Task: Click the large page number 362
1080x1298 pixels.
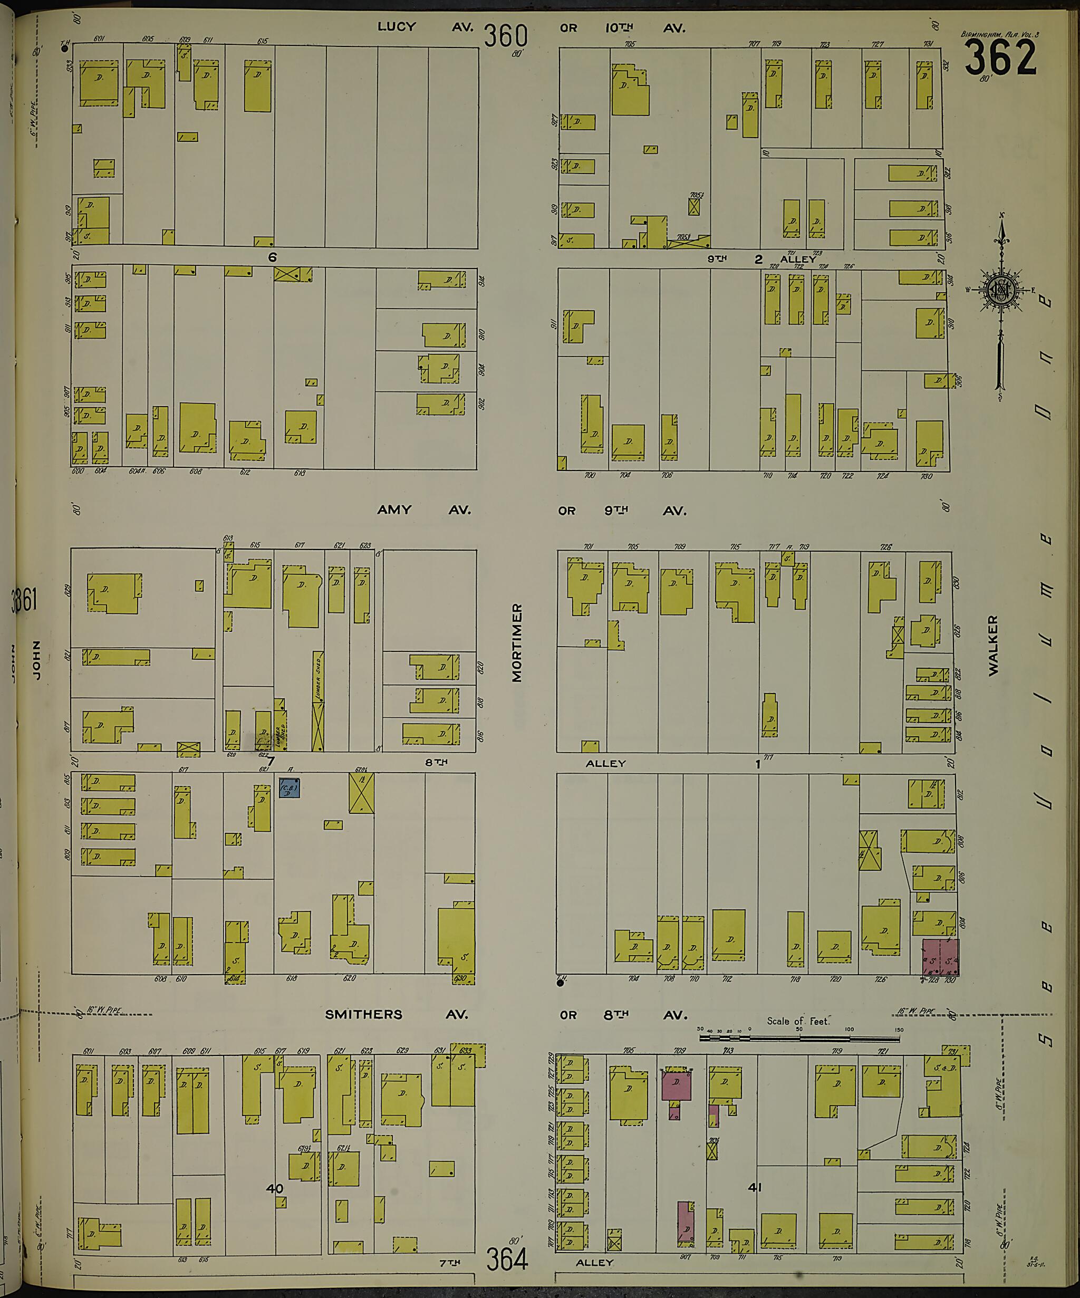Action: [1000, 59]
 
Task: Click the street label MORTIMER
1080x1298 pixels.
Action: [517, 642]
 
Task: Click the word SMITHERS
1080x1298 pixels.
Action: [363, 1014]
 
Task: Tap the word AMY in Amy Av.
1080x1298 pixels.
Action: [394, 510]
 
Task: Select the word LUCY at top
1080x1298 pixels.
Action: [397, 26]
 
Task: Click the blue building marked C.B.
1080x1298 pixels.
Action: [289, 787]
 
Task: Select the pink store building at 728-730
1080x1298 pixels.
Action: [940, 957]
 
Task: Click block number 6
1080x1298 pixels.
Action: [272, 257]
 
